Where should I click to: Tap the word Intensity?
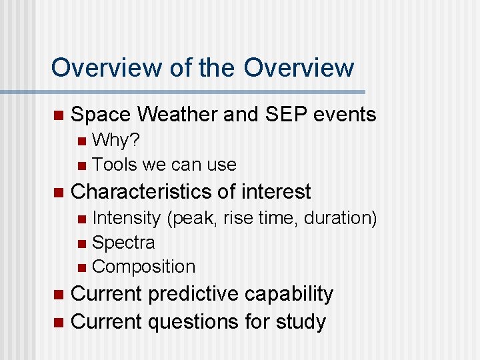tap(126, 218)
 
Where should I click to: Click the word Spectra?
tap(123, 242)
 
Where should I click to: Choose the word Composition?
tap(144, 267)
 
